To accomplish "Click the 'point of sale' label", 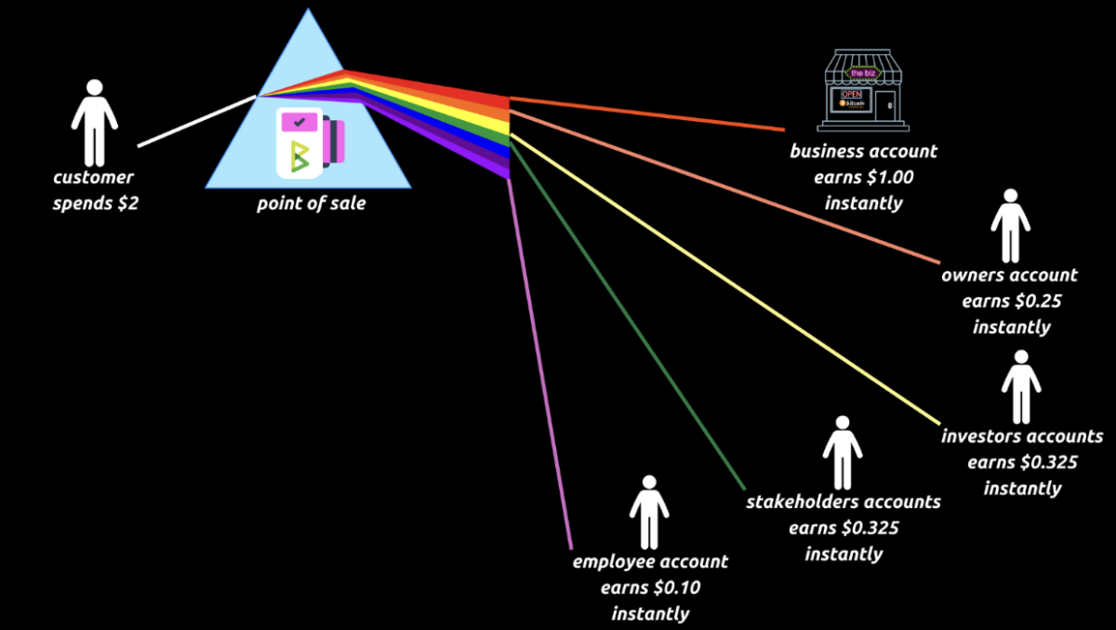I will click(311, 203).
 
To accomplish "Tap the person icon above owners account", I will click(1010, 226).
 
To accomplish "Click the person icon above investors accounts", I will click(1021, 387).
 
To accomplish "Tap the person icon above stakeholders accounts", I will click(842, 452).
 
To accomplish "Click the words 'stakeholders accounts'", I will click(843, 503).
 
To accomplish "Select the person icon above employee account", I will click(648, 512).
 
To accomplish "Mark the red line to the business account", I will click(651, 113).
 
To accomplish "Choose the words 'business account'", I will click(863, 151).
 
